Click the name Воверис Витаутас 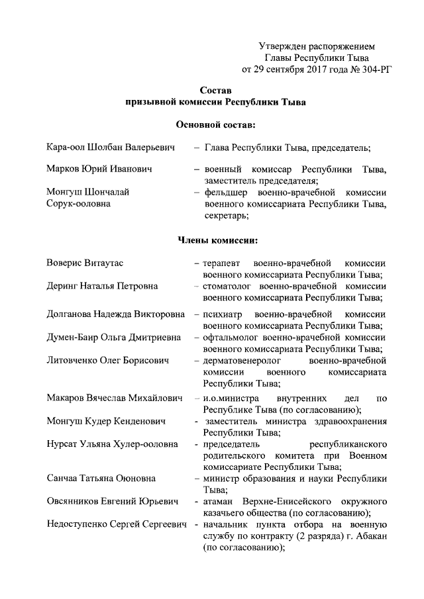pyautogui.click(x=84, y=263)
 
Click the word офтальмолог pyautogui.click(x=229, y=337)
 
